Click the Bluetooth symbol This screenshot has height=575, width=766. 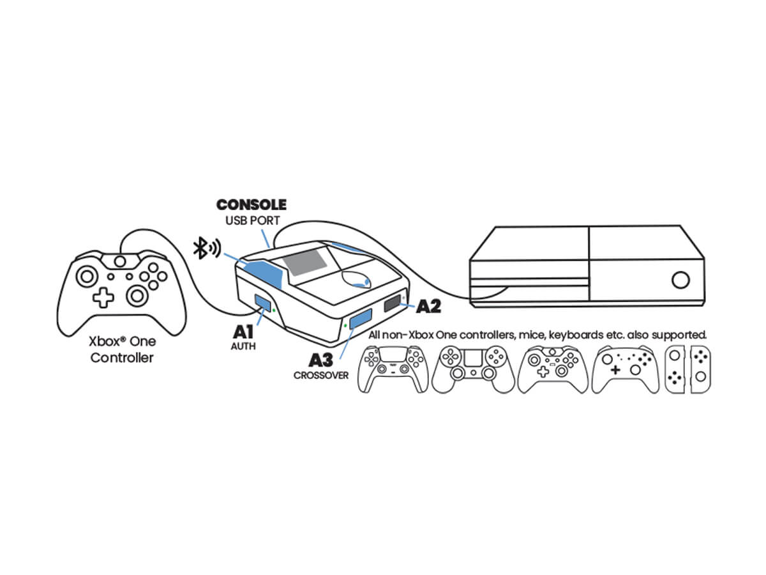199,248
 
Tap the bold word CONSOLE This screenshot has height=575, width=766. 252,204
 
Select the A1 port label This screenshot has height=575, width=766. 243,332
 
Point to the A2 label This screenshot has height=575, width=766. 428,307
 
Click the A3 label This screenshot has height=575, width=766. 321,360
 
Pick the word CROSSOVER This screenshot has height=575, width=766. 320,375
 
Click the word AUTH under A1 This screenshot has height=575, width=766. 243,346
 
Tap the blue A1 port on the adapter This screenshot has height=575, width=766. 262,302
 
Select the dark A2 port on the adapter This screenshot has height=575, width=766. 393,303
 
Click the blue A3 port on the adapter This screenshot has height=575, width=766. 361,318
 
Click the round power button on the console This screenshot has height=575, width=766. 680,280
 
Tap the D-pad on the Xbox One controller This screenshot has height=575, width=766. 103,298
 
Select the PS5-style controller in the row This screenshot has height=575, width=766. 393,369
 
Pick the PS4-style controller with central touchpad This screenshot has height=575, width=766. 473,369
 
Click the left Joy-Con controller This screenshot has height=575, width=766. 675,369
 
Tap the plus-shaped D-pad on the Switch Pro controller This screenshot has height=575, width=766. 615,369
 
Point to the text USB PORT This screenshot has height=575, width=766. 252,220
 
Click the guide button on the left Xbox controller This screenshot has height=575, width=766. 120,261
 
